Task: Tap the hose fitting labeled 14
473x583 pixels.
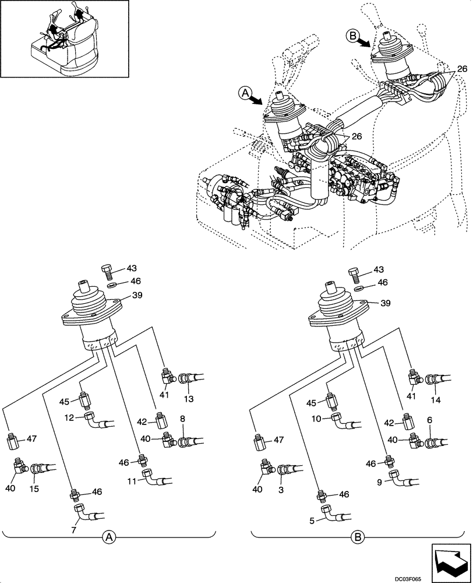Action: point(435,381)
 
